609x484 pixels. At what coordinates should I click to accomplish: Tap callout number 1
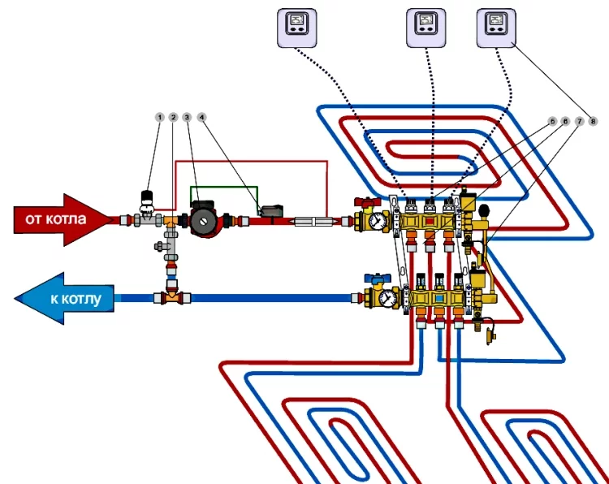click(159, 118)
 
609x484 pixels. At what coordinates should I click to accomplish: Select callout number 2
click(173, 118)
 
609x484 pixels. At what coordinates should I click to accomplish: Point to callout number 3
click(187, 118)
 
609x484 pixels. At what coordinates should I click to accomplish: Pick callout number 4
click(201, 118)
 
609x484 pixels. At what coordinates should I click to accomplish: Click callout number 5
click(552, 121)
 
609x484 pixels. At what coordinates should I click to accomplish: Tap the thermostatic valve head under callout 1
click(148, 197)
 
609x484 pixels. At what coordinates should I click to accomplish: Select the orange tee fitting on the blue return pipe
click(172, 298)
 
